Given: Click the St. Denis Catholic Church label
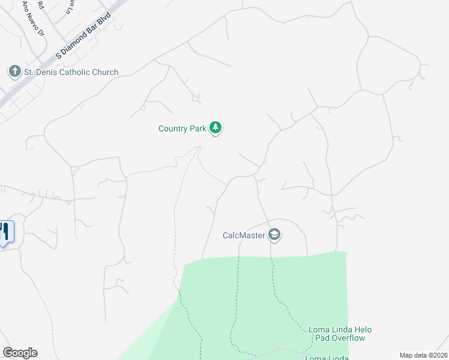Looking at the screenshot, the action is [x=71, y=73].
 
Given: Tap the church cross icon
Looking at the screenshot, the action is [x=14, y=72].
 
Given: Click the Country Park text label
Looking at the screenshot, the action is [x=182, y=128].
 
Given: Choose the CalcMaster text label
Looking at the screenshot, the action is [x=244, y=235].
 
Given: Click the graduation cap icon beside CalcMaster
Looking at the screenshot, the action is [x=275, y=235].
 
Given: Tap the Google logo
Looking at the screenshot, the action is [x=20, y=353].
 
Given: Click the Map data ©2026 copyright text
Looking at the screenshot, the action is [x=423, y=355].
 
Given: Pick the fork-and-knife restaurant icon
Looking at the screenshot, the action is [x=5, y=231].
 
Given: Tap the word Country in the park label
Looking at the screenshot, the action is [x=173, y=128].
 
